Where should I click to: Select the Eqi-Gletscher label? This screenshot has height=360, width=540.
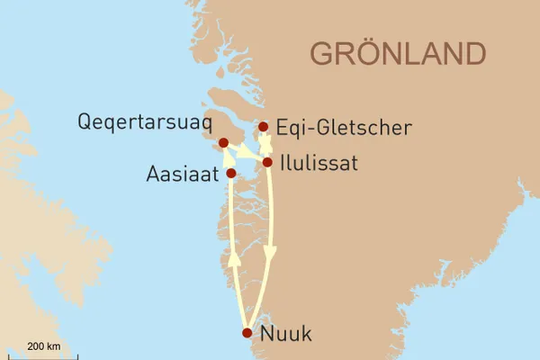tap(344, 129)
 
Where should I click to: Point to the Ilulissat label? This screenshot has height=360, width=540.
tap(319, 164)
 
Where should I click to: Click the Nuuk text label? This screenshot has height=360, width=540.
tap(285, 335)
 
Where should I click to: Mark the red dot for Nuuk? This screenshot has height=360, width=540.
tap(247, 333)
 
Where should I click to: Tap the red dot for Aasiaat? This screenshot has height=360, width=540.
tap(231, 173)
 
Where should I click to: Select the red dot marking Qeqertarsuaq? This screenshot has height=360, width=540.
tap(223, 142)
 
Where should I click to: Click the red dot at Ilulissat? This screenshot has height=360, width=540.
tap(267, 162)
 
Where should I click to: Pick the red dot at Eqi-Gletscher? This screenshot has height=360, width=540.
tap(264, 127)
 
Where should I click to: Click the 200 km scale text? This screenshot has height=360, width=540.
tap(44, 346)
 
